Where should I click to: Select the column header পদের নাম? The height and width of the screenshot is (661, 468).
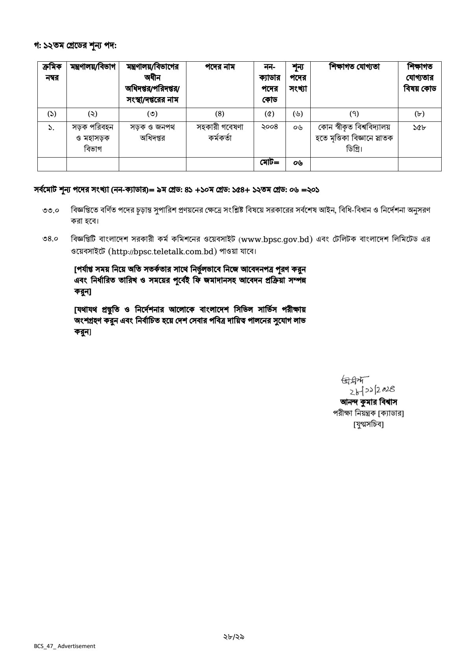click(x=219, y=67)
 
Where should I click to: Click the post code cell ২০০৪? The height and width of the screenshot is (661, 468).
click(x=269, y=127)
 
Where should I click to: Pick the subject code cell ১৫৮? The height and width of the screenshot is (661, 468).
click(x=419, y=127)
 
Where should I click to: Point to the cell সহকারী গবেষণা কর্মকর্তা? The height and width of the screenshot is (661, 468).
click(x=219, y=133)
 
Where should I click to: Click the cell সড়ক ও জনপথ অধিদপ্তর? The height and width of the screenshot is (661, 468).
click(x=152, y=133)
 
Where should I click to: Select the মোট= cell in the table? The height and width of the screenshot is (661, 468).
click(x=269, y=162)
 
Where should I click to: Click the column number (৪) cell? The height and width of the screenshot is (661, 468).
click(x=219, y=114)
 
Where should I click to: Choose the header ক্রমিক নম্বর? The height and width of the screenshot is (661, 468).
click(x=52, y=73)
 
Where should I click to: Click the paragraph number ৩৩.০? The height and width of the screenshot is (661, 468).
click(x=51, y=211)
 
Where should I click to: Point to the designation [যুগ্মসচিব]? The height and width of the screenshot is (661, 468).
click(x=368, y=424)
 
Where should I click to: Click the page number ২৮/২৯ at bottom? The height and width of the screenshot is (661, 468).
click(x=234, y=636)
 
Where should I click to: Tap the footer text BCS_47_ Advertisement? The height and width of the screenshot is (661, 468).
click(x=64, y=646)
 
